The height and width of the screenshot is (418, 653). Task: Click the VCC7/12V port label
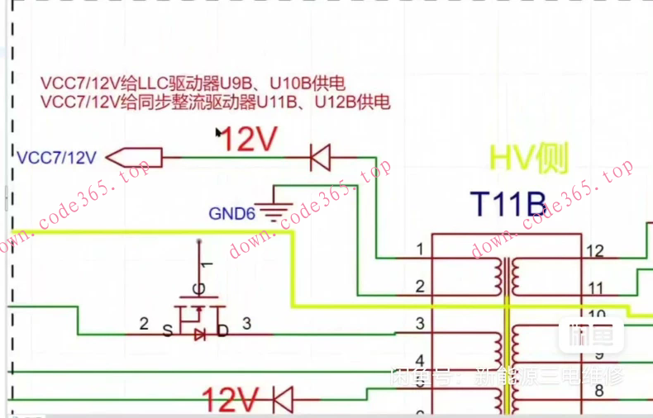pyautogui.click(x=56, y=157)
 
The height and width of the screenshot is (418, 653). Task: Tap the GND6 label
pyautogui.click(x=231, y=214)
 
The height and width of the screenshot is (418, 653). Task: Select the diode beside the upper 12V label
pyautogui.click(x=319, y=155)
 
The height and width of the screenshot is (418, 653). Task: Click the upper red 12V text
pyautogui.click(x=248, y=141)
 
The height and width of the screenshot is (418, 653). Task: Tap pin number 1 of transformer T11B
pyautogui.click(x=420, y=249)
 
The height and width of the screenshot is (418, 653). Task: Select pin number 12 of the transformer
pyautogui.click(x=594, y=250)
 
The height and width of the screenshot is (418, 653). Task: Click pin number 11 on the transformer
pyautogui.click(x=594, y=287)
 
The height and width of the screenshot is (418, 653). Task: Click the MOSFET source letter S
pyautogui.click(x=168, y=331)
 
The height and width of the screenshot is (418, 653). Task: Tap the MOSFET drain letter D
pyautogui.click(x=222, y=331)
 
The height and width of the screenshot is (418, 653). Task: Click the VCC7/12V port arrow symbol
pyautogui.click(x=133, y=155)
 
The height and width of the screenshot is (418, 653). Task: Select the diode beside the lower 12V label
pyautogui.click(x=284, y=399)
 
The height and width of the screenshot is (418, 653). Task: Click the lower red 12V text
pyautogui.click(x=231, y=401)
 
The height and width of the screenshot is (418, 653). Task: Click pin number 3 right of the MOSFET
pyautogui.click(x=246, y=324)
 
